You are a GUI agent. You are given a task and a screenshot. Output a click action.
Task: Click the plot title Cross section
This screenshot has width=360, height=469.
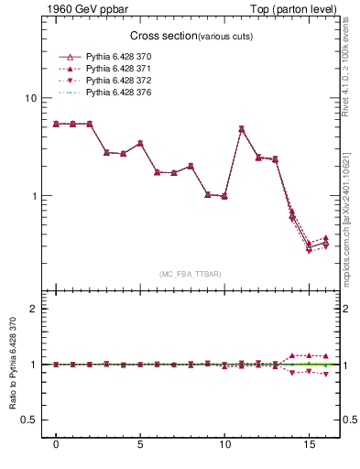click(x=158, y=36)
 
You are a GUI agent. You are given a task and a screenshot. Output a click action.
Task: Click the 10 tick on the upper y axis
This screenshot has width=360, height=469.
click(x=30, y=99)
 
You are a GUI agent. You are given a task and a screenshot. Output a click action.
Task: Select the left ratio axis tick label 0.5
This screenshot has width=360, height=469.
click(x=28, y=420)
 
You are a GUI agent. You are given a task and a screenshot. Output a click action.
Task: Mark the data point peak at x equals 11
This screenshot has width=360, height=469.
click(x=241, y=129)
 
